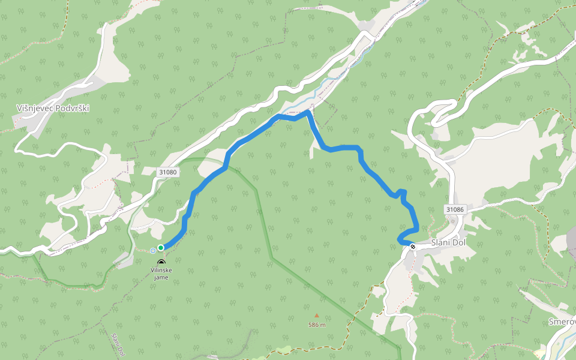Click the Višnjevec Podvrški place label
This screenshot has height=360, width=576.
pyautogui.click(x=53, y=107)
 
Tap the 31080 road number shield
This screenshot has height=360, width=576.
pyautogui.click(x=169, y=172)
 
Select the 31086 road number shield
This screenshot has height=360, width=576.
pyautogui.click(x=455, y=209)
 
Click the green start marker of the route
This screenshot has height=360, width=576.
pyautogui.click(x=161, y=247)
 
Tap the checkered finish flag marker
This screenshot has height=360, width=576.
pyautogui.click(x=413, y=246)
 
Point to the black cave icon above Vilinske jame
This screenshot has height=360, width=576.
pyautogui.click(x=161, y=262)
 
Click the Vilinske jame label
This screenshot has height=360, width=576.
pyautogui.click(x=161, y=274)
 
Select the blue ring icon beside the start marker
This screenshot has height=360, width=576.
pyautogui.click(x=153, y=250)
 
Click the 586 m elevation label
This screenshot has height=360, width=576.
pyautogui.click(x=317, y=325)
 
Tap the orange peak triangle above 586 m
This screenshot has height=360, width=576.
pyautogui.click(x=317, y=315)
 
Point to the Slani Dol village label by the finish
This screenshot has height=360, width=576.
pyautogui.click(x=448, y=244)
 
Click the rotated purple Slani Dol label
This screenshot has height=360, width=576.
pyautogui.click(x=118, y=343)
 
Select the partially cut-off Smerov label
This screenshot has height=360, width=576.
pyautogui.click(x=562, y=322)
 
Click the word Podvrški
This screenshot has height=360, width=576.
pyautogui.click(x=73, y=107)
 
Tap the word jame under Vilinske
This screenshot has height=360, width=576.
pyautogui.click(x=161, y=277)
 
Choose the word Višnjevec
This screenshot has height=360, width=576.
pyautogui.click(x=34, y=107)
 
